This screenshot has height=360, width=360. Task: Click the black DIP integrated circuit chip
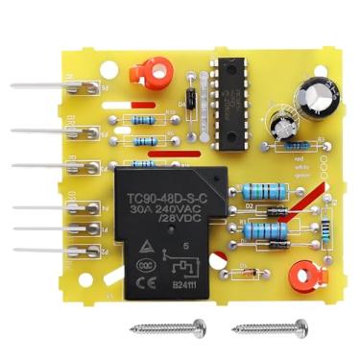[230, 102]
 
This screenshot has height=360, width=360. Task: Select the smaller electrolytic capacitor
[284, 131]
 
